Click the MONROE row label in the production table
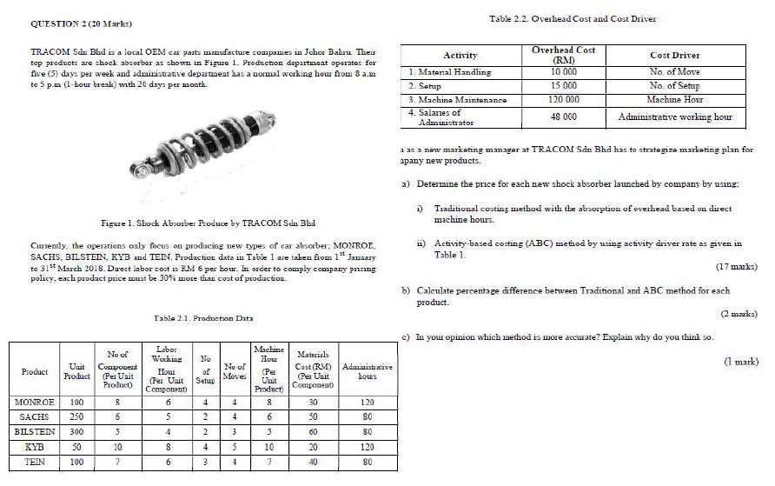[35, 403]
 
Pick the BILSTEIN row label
[35, 431]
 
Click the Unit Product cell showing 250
[76, 417]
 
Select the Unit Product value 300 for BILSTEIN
[76, 431]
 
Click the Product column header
[35, 372]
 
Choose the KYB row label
[35, 446]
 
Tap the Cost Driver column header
[674, 56]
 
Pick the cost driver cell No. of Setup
[674, 86]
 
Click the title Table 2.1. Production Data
[203, 319]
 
